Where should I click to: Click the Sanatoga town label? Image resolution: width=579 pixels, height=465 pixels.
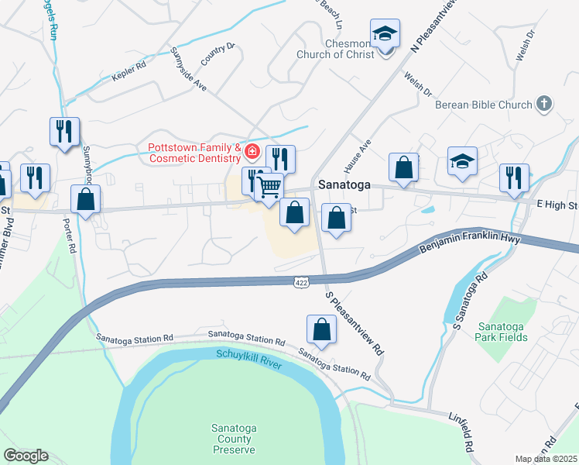[x=344, y=186]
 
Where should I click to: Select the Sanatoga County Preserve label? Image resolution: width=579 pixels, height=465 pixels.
[x=234, y=439]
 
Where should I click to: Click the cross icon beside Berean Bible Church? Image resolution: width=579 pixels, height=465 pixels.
[x=544, y=103]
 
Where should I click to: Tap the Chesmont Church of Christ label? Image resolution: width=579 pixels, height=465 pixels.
[x=334, y=48]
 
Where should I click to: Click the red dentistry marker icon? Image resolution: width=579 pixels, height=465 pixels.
[x=252, y=149]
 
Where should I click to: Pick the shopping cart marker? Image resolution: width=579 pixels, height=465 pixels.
[x=269, y=187]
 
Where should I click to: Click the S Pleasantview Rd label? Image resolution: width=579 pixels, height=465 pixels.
[x=355, y=323]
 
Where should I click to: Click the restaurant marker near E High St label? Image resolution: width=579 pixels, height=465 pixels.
[x=514, y=177]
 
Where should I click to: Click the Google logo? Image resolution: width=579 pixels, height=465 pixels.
[x=26, y=456]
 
